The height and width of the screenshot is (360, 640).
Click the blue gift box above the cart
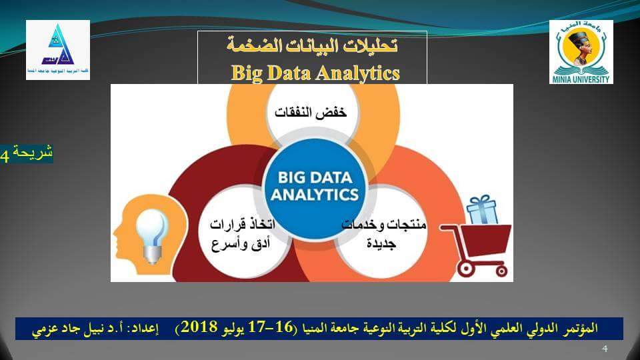click(481, 210)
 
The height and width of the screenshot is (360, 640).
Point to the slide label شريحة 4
click(27, 153)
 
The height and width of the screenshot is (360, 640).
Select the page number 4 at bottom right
click(605, 349)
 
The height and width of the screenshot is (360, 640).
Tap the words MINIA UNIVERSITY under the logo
click(581, 79)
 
